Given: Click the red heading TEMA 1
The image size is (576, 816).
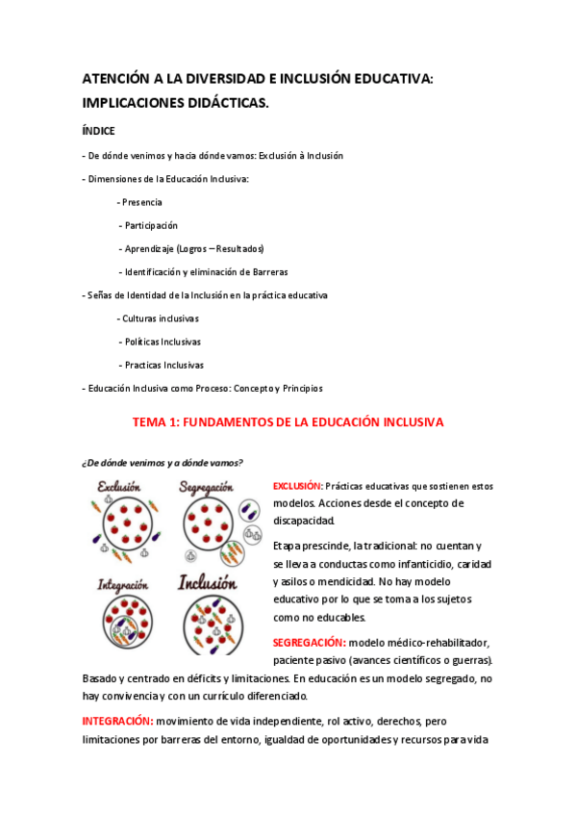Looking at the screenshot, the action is point(288,421).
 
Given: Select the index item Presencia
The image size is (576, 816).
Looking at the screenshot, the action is point(141,202).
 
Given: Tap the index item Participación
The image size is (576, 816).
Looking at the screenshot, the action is point(151,225).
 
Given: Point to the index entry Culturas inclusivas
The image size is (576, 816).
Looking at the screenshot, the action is point(160,319).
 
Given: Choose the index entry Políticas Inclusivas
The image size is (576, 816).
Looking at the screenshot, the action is point(163,342).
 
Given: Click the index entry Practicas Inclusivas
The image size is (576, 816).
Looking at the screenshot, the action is point(163,365).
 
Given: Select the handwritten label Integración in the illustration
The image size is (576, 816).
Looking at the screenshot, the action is point(121,583).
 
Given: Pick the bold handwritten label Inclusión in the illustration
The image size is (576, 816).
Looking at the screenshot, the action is point(207,582).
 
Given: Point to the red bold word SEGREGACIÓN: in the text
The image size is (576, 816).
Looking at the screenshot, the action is point(309,642).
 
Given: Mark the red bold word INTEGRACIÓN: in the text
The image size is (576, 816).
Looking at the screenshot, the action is point(118,720).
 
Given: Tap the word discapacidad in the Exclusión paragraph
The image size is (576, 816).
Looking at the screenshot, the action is point(304,521).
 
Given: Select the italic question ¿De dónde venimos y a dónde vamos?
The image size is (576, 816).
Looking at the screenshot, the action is point(162,461).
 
